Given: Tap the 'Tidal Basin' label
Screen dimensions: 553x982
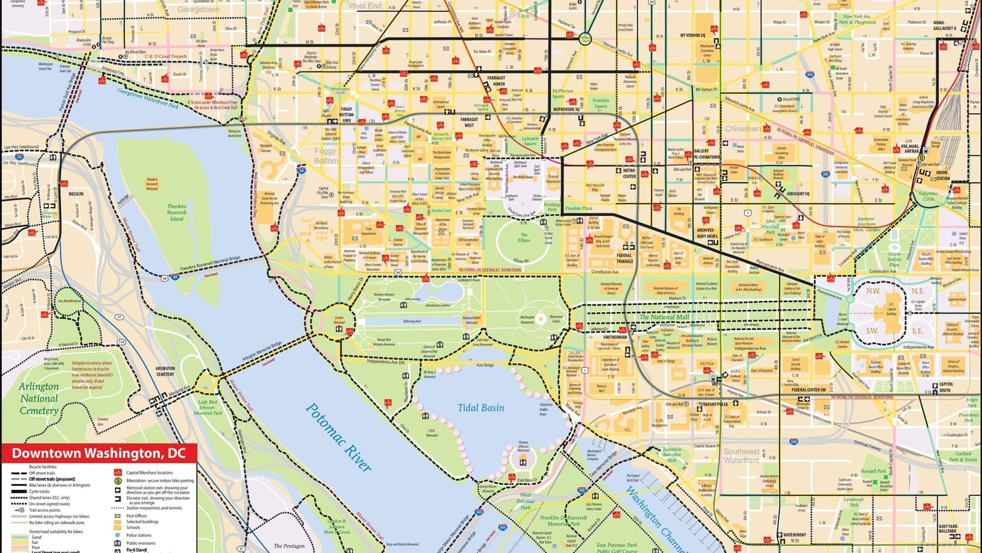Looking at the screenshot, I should [x=480, y=408].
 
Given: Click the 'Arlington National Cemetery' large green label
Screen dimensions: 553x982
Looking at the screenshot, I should [x=39, y=399].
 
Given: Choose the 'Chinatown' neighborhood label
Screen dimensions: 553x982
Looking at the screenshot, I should [x=743, y=129].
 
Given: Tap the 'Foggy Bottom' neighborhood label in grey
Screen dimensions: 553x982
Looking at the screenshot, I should [x=325, y=156].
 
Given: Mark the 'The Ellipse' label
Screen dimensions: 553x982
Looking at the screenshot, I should [x=524, y=240].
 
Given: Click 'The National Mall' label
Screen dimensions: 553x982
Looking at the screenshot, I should [x=664, y=317].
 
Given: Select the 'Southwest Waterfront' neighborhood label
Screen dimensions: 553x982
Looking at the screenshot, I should [x=741, y=456].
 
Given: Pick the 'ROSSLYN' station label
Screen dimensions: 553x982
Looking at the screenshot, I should [x=75, y=194].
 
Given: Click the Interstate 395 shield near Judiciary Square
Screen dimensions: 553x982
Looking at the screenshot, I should [x=824, y=174].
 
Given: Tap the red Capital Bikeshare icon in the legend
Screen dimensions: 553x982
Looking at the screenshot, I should [x=118, y=472].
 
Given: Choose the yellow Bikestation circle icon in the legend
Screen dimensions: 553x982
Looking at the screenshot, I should [x=118, y=480].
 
